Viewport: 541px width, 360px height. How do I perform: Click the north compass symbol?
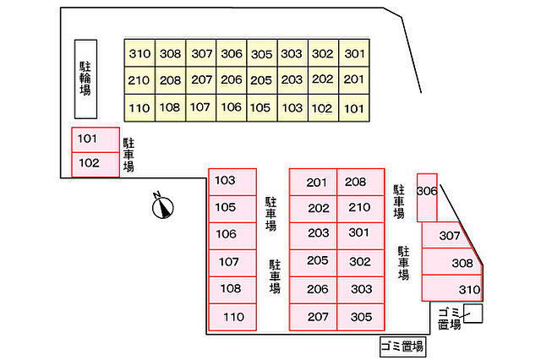(x=161, y=205)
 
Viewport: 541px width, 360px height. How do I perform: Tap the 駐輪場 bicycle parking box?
(x=85, y=79)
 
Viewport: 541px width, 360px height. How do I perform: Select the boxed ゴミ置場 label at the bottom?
(x=402, y=346)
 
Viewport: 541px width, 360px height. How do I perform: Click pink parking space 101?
(x=95, y=139)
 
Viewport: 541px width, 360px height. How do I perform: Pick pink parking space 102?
(x=95, y=163)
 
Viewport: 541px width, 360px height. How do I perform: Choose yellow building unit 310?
(x=139, y=53)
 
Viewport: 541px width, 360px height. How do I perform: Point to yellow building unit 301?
(x=355, y=53)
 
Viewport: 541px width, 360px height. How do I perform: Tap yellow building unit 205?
(x=262, y=80)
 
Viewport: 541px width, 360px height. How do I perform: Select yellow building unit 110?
(x=139, y=107)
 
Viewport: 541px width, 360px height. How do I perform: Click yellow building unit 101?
(x=355, y=107)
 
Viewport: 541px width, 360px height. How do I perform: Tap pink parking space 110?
(x=232, y=317)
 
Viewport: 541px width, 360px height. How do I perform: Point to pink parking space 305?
(x=361, y=317)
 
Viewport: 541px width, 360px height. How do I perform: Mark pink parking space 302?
(x=361, y=262)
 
